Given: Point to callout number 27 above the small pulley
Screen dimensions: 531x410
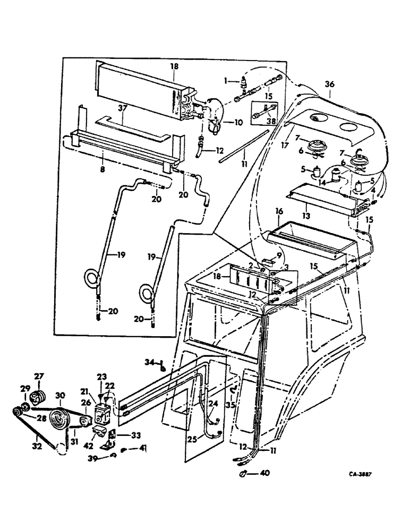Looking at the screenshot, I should click(x=38, y=378).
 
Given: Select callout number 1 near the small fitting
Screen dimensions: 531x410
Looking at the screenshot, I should click(x=225, y=81).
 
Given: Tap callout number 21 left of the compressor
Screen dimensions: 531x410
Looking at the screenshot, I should click(x=84, y=391).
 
